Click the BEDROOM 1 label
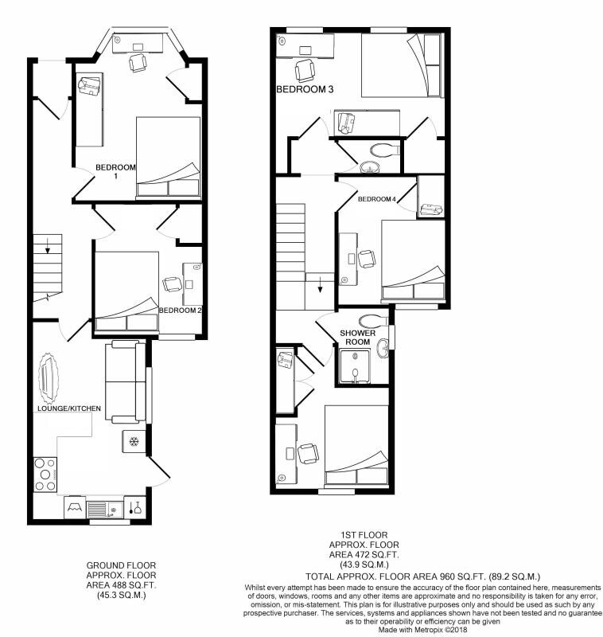click(x=115, y=171)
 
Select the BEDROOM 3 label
click(x=305, y=90)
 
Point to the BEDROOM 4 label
click(x=376, y=198)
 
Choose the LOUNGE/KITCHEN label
click(x=68, y=408)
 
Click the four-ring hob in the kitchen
click(x=45, y=475)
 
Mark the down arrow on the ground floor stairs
click(x=48, y=248)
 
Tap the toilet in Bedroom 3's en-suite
click(x=386, y=149)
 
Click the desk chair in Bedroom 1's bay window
click(x=138, y=62)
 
